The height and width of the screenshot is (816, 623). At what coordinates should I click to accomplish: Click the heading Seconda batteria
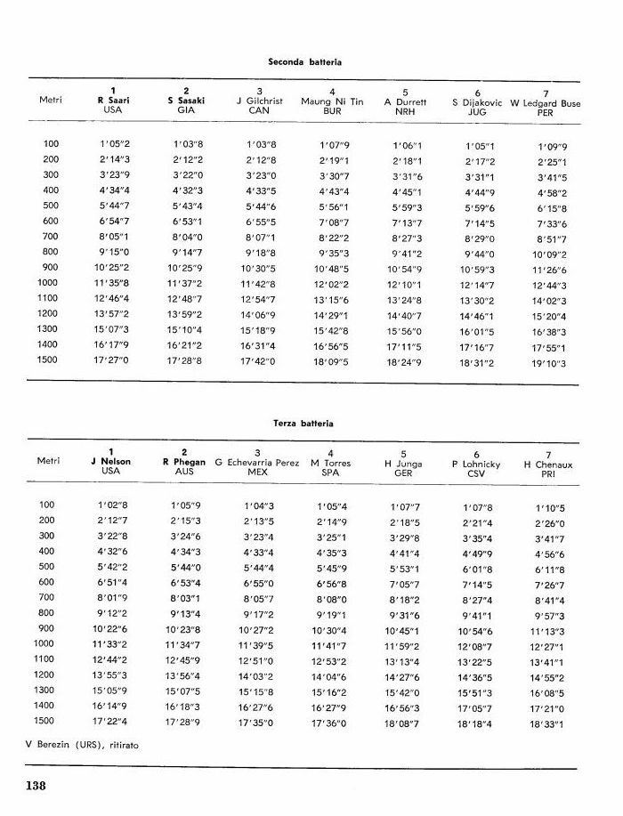pos(305,62)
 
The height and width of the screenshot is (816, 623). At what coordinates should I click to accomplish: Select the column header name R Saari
pos(113,101)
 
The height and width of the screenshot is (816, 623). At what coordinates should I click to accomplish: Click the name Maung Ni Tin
pos(332,101)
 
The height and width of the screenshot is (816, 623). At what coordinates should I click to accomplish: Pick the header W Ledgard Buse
pos(546,102)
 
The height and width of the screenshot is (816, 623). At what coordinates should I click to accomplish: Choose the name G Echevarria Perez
pos(258,463)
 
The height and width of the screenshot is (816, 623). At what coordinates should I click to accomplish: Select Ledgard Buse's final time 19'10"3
pos(552,364)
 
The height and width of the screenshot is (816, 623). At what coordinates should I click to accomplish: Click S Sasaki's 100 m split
pos(186,143)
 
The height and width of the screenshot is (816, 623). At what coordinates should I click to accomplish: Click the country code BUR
pos(332,111)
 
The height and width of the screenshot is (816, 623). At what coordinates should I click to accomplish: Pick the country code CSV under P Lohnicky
pos(476,473)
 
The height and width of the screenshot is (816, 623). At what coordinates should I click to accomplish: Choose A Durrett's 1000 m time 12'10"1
pos(405,284)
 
